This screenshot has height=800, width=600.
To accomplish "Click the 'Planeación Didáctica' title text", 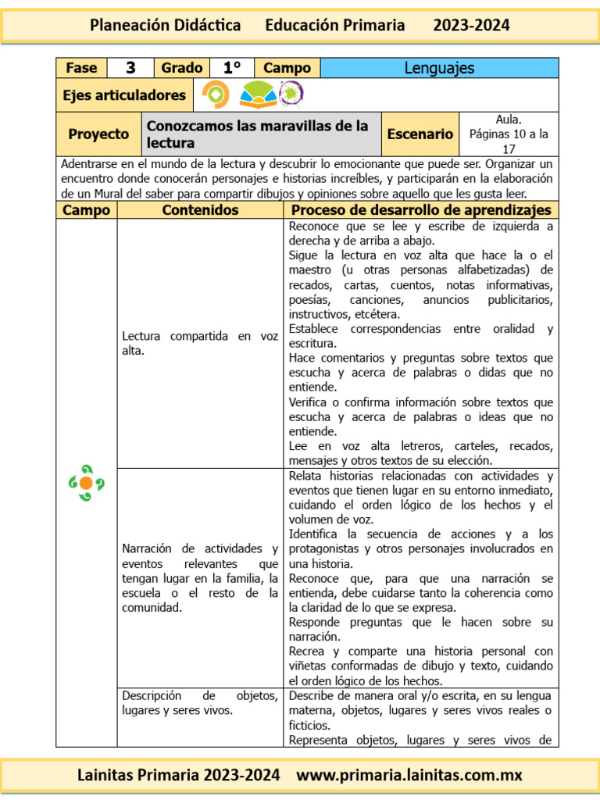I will pos(166,25).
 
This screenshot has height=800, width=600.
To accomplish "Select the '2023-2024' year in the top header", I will pos(471,25).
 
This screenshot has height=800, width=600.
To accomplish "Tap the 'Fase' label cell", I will pos(80,68).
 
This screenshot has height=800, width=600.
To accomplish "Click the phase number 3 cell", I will pos(130,68).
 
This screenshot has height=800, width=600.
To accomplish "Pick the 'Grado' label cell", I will pos(181,68).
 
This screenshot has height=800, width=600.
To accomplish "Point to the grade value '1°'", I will pos(232,68).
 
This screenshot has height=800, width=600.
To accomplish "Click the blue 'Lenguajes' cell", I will pos(439,68).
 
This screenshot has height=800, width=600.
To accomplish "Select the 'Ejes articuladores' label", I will pos(124,95).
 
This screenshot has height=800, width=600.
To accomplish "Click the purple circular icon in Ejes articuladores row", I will pos(291,95).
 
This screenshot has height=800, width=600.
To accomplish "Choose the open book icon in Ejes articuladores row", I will pos(257,95).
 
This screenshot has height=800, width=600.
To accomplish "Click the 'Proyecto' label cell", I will pos(98,134).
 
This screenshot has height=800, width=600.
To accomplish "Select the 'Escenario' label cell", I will pos(420,134).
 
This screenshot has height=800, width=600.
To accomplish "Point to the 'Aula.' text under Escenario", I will pos(509,120).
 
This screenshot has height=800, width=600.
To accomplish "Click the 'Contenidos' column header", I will pos(200,210).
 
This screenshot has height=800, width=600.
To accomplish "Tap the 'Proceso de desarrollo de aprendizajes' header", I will pos(421,210).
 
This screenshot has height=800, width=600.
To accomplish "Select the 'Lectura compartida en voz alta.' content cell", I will pos(200,344).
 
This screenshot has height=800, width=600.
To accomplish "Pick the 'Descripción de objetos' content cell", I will pos(200,703).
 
